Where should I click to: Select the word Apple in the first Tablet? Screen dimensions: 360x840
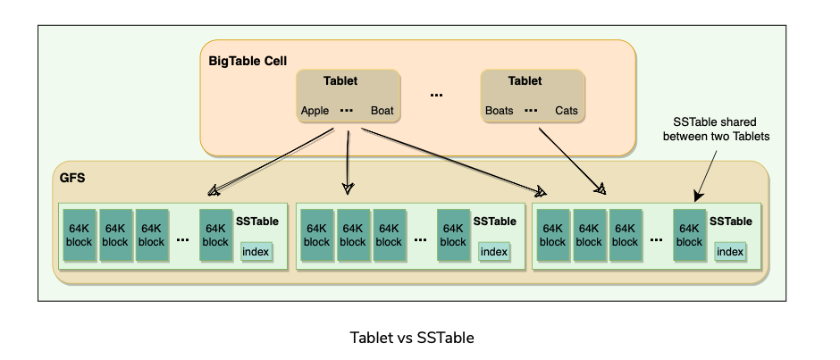(315, 112)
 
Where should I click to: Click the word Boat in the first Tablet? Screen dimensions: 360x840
(382, 112)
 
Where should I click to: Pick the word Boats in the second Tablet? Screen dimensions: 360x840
(500, 112)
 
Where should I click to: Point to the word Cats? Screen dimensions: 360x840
(567, 112)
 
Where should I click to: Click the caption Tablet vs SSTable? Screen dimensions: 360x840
(412, 338)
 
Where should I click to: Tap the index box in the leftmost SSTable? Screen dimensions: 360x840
(256, 252)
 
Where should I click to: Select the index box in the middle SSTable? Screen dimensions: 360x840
(493, 252)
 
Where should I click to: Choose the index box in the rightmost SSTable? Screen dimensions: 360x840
(730, 252)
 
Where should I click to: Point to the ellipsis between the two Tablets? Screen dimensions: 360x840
(436, 95)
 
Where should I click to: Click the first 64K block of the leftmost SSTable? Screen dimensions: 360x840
(79, 235)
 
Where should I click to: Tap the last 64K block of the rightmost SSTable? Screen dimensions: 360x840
(690, 235)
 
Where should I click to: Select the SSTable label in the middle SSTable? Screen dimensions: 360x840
(494, 222)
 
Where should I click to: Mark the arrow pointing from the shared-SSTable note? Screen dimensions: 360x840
(706, 173)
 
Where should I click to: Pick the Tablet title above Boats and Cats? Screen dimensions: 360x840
(525, 80)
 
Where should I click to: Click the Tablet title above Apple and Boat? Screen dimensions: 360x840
(340, 80)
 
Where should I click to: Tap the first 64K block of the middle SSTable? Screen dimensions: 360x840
(316, 235)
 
